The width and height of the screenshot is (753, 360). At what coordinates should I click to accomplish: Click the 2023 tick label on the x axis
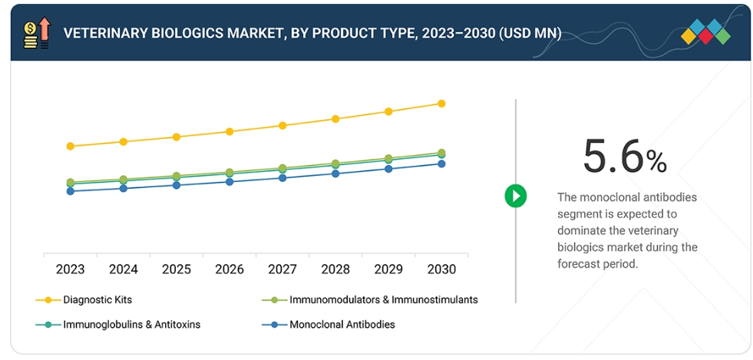point(71,269)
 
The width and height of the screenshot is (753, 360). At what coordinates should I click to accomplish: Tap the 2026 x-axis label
point(230,269)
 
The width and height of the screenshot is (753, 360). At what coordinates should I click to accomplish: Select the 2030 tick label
point(441,269)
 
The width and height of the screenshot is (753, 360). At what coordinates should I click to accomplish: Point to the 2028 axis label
point(335,269)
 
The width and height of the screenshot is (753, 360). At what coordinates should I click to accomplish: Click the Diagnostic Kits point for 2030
point(441,103)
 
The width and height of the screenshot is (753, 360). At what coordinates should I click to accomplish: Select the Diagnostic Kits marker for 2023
point(71,146)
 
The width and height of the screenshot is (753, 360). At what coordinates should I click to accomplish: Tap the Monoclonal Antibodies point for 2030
point(441,163)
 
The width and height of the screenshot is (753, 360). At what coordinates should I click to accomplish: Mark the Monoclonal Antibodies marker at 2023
point(71,191)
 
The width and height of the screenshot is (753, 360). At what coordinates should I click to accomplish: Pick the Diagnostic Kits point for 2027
point(282,125)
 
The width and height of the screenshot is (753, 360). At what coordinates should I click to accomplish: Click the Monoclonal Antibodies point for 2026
point(230,182)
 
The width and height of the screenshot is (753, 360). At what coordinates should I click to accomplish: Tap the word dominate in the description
point(583,230)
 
